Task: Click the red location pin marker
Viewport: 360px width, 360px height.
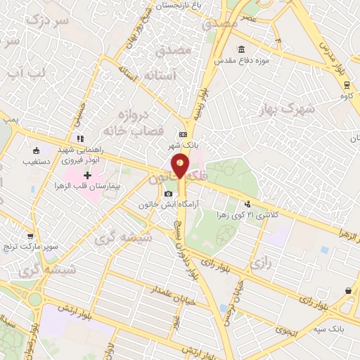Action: point(181,165)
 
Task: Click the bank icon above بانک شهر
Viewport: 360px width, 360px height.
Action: point(183,135)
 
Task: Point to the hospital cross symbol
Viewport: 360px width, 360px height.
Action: point(87,175)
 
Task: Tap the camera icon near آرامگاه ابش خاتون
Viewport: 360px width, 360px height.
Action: point(167,194)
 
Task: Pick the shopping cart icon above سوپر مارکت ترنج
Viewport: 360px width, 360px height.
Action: point(30,237)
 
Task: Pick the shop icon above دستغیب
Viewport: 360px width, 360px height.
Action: point(36,149)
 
